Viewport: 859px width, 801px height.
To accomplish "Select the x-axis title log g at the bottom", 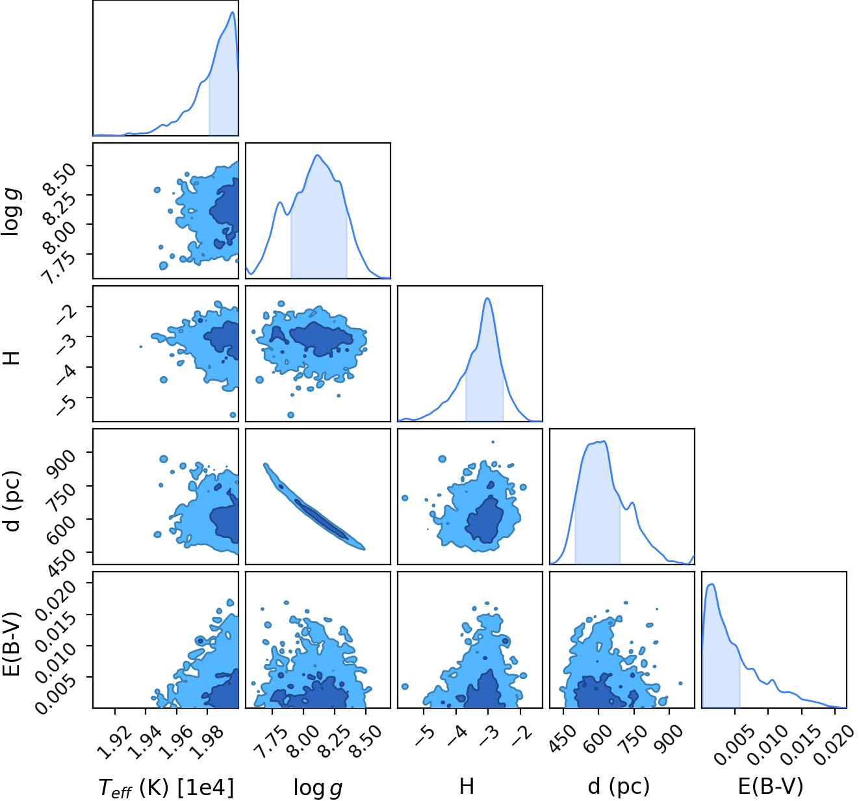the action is click(x=318, y=787).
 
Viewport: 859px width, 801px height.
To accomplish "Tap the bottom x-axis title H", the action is click(x=467, y=786).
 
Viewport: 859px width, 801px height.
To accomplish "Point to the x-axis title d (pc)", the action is click(x=619, y=787).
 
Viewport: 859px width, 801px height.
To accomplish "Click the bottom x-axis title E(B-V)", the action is click(x=771, y=787).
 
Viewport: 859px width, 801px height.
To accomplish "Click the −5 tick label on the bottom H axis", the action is click(x=424, y=733).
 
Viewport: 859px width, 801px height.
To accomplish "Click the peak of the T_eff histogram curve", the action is click(x=233, y=12).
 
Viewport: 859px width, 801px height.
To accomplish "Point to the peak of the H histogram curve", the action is click(x=487, y=298).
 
